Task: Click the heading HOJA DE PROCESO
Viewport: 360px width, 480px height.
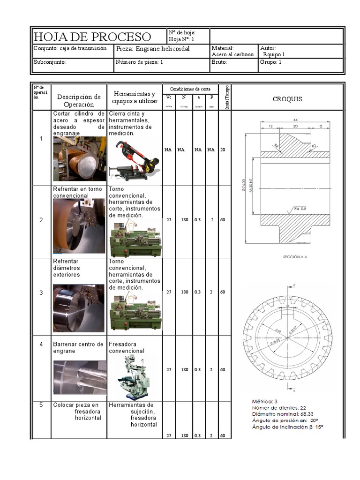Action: coord(92,37)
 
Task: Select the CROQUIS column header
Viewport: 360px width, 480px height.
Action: coord(287,99)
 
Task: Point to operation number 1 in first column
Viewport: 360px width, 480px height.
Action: coord(41,139)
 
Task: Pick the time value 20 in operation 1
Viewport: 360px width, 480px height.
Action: coord(223,150)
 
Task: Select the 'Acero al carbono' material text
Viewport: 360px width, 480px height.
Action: coord(232,54)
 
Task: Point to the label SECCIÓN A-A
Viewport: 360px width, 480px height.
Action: coord(295,257)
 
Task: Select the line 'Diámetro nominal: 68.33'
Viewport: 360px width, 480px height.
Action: coord(282,414)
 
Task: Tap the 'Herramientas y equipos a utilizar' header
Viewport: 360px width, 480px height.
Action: coord(135,97)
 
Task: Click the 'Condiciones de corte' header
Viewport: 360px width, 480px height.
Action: coord(190,89)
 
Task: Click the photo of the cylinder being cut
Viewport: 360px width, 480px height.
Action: coord(79,159)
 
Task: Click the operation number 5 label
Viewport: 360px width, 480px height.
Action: coord(41,405)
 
